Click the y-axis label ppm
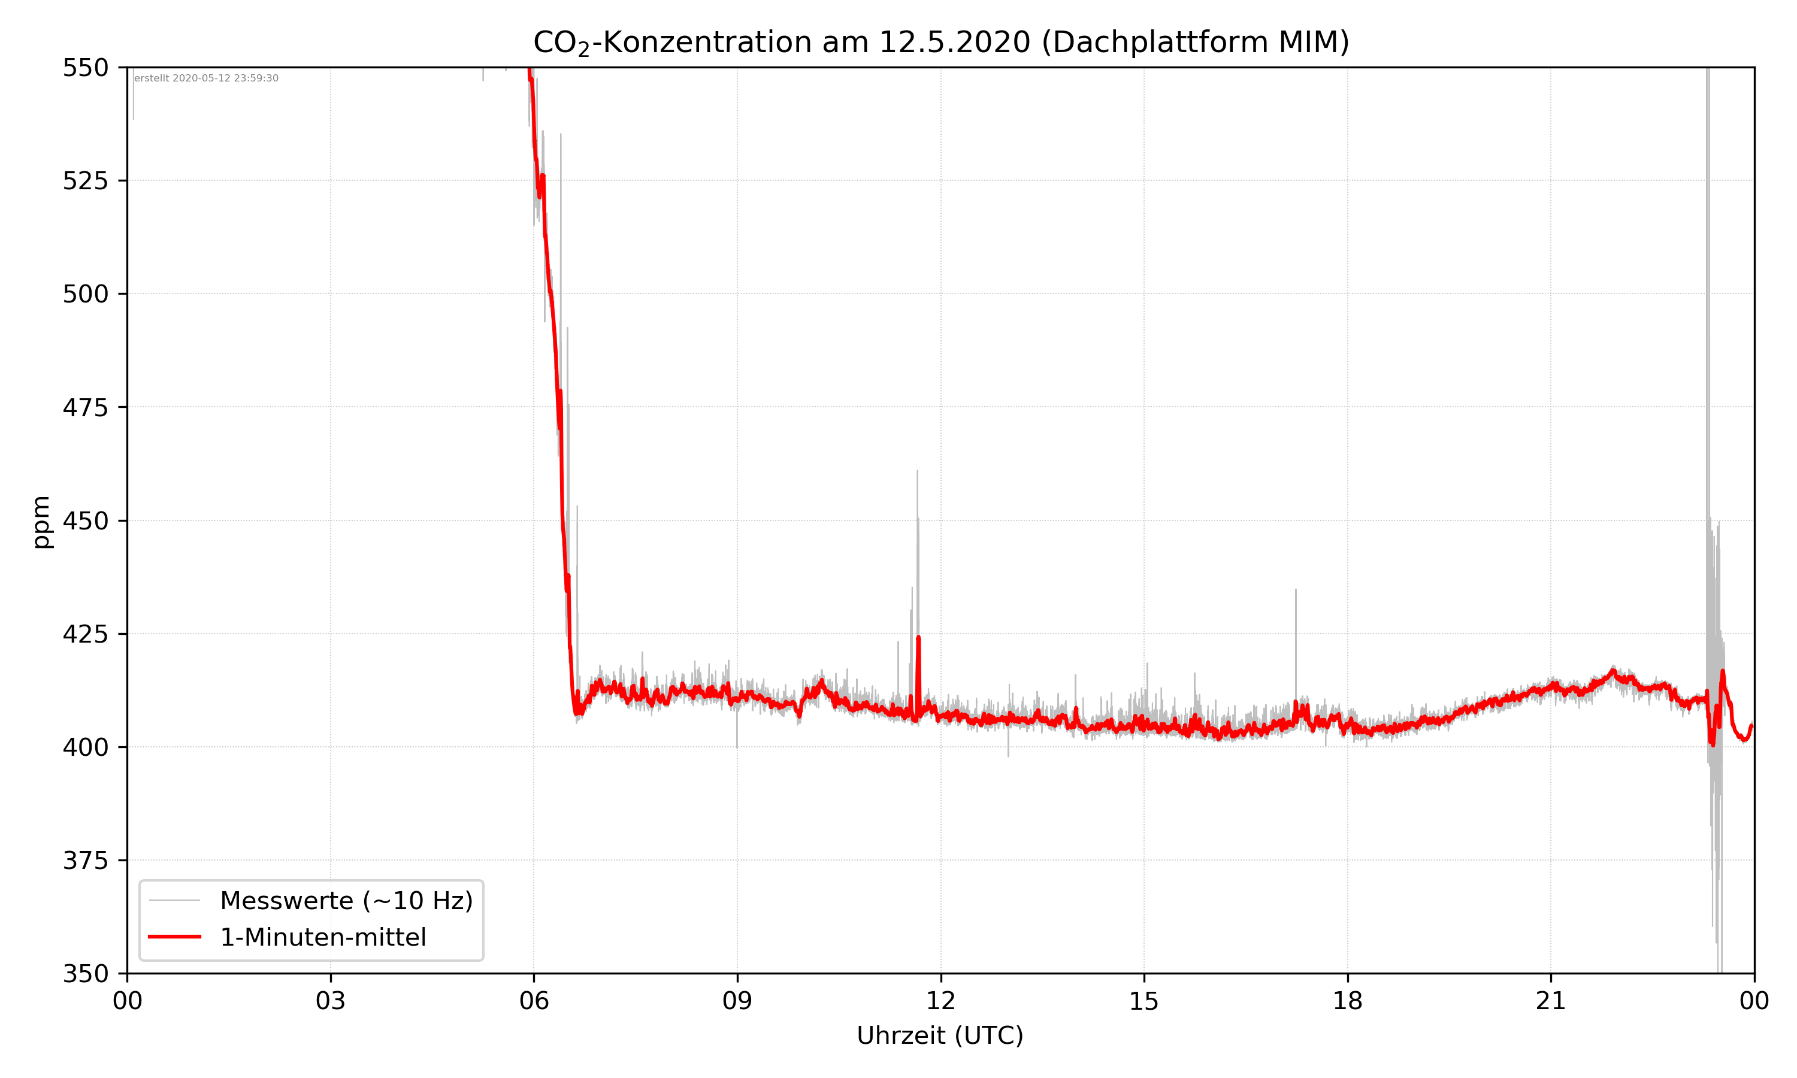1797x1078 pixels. tap(42, 522)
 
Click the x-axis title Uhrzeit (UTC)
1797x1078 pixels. tap(940, 1035)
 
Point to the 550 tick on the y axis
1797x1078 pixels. tap(85, 68)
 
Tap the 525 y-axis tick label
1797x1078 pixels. tap(85, 181)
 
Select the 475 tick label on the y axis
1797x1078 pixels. tap(85, 407)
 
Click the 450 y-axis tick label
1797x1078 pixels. tap(85, 521)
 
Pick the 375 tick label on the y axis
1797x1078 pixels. tap(85, 861)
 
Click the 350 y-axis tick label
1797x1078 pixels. tap(85, 974)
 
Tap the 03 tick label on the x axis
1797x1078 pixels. tap(331, 1001)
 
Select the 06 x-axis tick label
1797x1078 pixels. tap(534, 1001)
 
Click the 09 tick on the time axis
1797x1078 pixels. tap(737, 1001)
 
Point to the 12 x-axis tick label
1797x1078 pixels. tap(940, 1001)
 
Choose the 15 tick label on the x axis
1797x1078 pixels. tap(1144, 1001)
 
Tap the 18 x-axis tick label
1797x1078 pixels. tap(1347, 1001)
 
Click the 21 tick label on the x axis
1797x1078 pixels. tap(1551, 1001)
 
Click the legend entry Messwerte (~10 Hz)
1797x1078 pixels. tap(346, 901)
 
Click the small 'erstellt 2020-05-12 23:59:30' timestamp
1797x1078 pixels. tap(206, 78)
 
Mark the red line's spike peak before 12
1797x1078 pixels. tap(918, 638)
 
